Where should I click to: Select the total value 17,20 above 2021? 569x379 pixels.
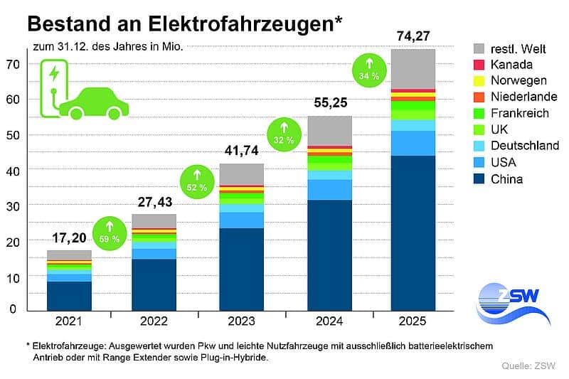point(69,237)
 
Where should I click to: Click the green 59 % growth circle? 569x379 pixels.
point(109,231)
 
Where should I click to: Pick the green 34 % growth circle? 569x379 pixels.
point(368,68)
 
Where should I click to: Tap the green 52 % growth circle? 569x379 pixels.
point(196,180)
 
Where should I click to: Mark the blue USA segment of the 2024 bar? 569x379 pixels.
point(329,189)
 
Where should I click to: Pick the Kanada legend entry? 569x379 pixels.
point(507,64)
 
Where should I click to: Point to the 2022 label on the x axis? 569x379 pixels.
point(154,321)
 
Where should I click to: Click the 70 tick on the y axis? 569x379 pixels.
point(11,65)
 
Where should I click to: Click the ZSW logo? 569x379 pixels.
point(508,301)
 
